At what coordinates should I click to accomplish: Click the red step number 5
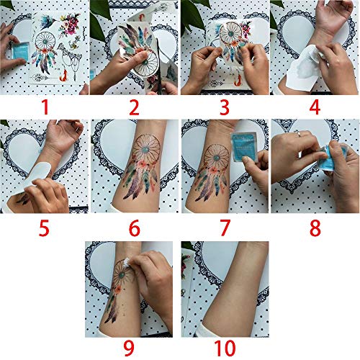[x=45, y=228]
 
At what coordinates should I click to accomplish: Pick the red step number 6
[x=134, y=228]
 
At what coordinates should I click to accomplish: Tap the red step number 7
[x=224, y=228]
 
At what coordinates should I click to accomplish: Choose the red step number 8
[x=315, y=228]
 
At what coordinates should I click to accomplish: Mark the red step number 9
[x=134, y=348]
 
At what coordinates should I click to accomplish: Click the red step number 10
[x=224, y=348]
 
